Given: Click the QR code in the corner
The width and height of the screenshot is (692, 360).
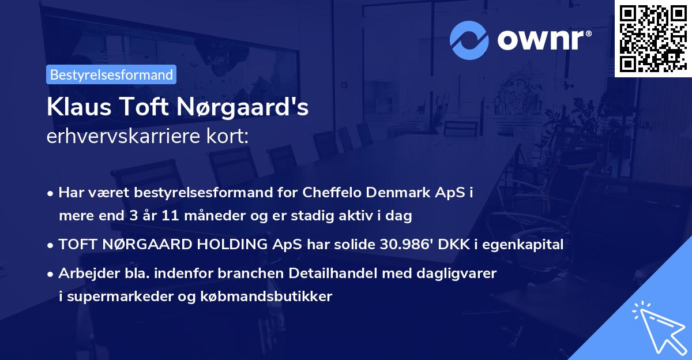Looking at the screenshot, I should coord(653,38).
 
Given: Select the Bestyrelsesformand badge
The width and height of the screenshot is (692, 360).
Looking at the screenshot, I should coord(111,74).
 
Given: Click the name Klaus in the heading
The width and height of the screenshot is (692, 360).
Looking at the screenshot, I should coord(72,108).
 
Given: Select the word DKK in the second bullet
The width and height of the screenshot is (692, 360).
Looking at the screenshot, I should coord(454,245).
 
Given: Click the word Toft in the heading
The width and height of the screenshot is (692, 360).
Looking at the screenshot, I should coord(137,108).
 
